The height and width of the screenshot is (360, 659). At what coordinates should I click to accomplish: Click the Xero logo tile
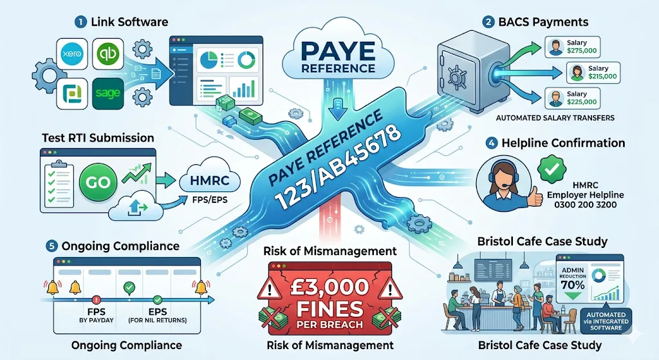(x=72, y=54)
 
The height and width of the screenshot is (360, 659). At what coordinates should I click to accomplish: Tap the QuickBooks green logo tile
(x=108, y=54)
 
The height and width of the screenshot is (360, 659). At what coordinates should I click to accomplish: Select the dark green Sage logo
(x=108, y=93)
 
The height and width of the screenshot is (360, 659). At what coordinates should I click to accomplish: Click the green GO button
(x=98, y=182)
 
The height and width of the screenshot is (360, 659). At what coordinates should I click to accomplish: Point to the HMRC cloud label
(x=209, y=181)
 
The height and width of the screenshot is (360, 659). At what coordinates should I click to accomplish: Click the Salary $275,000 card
(x=572, y=47)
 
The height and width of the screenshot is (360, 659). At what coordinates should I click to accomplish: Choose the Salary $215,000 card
(x=594, y=72)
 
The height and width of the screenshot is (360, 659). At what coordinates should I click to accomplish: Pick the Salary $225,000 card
(x=572, y=98)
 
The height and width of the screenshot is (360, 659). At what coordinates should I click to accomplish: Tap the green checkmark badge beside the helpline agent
(x=552, y=169)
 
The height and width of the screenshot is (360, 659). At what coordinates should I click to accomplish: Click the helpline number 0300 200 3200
(x=585, y=205)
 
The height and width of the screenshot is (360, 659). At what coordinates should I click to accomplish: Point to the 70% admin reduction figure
(x=573, y=285)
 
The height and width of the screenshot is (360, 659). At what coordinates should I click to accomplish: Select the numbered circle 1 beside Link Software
(x=80, y=22)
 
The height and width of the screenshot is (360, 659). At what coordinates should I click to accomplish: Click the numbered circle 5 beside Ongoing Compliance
(x=51, y=246)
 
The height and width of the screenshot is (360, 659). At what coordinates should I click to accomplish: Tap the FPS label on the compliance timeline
(x=97, y=312)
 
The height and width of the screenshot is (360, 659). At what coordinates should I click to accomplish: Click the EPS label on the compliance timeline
(x=158, y=312)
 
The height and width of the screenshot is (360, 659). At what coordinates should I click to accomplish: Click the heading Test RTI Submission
(x=98, y=138)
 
